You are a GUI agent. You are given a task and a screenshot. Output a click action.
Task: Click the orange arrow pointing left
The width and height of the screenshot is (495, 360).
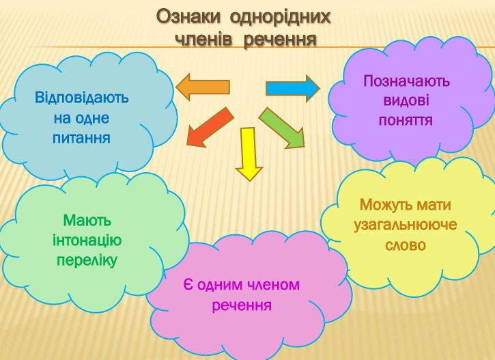[x=202, y=87]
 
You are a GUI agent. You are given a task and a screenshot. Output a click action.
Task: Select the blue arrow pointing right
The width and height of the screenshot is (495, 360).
[x=293, y=88]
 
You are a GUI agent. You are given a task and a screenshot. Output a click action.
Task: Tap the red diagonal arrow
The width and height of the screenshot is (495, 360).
[x=210, y=127]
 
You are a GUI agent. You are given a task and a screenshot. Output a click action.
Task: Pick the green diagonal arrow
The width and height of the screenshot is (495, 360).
[x=282, y=128]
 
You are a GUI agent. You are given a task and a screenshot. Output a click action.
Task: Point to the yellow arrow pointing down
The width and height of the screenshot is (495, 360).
[x=249, y=154]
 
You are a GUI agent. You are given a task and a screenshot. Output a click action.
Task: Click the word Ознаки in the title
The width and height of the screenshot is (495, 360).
[x=188, y=17]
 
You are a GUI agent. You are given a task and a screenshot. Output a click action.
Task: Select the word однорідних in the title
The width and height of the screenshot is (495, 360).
[x=281, y=17]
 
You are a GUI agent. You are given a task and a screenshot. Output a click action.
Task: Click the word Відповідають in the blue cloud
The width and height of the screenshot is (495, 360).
[x=82, y=97]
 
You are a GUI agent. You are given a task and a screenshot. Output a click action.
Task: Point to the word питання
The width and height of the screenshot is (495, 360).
[x=81, y=138]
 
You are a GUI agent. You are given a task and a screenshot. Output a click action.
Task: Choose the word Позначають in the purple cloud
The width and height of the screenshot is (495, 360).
[x=406, y=81]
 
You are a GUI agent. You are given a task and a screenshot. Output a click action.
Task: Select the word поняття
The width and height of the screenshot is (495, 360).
[x=406, y=120]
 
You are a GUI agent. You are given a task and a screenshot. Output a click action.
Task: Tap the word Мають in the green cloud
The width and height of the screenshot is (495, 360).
[x=87, y=220]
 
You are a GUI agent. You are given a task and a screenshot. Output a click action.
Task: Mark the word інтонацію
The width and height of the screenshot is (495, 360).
[x=87, y=240]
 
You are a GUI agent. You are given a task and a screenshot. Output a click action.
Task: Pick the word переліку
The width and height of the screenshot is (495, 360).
[x=87, y=261]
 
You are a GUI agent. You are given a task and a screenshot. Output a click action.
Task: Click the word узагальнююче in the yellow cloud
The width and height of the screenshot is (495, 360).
[x=406, y=225]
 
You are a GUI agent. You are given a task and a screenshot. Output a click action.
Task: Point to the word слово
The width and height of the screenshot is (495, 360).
[x=406, y=245]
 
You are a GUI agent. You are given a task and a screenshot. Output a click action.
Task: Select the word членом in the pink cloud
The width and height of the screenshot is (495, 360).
[x=272, y=285]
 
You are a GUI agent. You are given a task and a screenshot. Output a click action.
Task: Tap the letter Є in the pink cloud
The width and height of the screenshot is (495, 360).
[x=188, y=285]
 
